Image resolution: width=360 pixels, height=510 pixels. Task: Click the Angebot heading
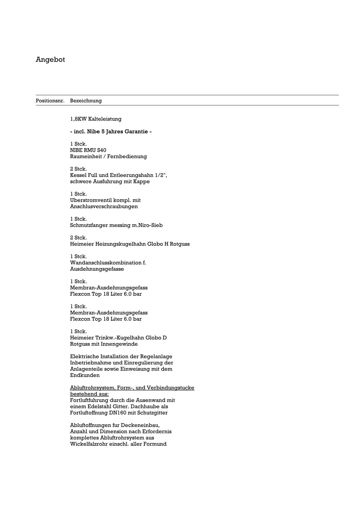pos(50,59)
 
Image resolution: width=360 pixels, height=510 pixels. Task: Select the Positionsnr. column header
pos(50,101)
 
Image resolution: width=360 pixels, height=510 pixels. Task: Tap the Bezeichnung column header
pos(86,101)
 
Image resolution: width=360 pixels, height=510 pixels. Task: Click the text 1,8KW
pos(78,119)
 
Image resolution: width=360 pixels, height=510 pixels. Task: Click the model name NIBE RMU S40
pos(88,150)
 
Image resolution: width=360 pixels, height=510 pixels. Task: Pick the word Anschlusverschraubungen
pos(104,206)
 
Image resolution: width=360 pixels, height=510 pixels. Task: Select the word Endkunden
pos(85,375)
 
